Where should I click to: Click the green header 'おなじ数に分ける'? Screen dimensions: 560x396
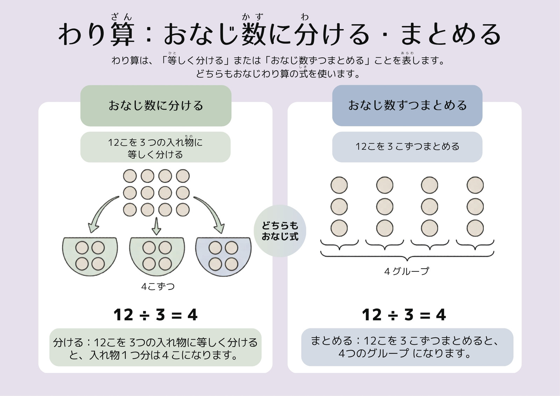click(x=156, y=106)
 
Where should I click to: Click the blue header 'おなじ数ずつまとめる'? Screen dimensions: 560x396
click(x=407, y=105)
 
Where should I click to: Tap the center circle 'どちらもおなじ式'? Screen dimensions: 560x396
click(x=280, y=231)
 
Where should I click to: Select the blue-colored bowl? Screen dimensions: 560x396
click(x=224, y=256)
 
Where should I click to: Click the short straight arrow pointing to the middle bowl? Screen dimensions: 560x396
click(x=156, y=226)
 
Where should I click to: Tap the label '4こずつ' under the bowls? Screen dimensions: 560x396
click(x=158, y=286)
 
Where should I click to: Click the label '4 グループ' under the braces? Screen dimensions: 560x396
click(x=407, y=271)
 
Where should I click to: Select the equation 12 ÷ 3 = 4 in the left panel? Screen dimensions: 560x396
click(x=155, y=315)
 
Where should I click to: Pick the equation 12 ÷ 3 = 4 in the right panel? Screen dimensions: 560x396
click(x=404, y=315)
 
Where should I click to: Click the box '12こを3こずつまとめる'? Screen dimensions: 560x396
click(x=407, y=147)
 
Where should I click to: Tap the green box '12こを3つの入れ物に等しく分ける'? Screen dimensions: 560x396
click(x=155, y=147)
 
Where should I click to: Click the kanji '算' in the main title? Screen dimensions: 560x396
click(x=122, y=34)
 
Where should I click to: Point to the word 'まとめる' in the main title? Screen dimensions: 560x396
click(x=451, y=34)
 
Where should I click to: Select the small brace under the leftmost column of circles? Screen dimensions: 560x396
click(x=339, y=245)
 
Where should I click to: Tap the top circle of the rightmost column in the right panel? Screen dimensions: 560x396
click(x=475, y=185)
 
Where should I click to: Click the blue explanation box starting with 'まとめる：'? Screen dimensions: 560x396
click(x=407, y=347)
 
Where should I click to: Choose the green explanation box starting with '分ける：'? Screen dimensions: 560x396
click(x=155, y=347)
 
